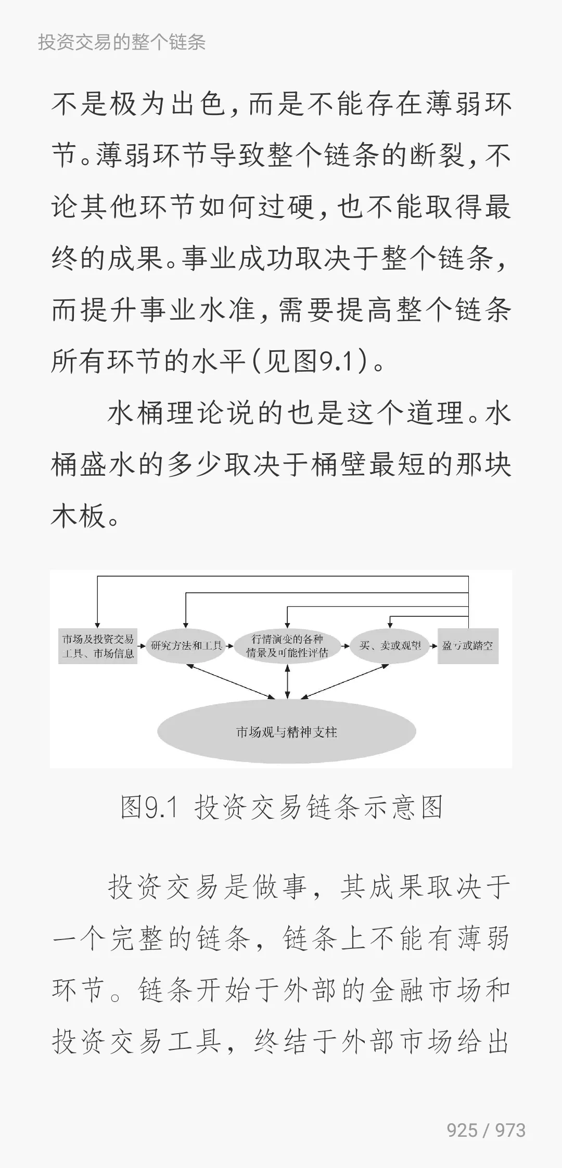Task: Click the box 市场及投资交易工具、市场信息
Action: coord(98,646)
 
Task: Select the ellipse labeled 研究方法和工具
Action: coord(186,646)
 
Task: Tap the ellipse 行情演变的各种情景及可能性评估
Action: coord(287,646)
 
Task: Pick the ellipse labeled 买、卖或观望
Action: coord(390,646)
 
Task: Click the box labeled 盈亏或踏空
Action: coord(468,646)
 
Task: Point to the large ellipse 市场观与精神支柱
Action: coord(287,732)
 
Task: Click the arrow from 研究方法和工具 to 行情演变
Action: coord(230,646)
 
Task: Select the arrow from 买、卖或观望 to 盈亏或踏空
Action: coord(434,646)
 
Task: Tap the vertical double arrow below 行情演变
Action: coord(287,681)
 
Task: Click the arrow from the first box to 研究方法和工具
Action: coord(142,646)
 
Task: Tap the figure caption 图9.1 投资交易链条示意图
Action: coord(282,808)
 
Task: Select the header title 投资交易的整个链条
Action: coord(122,42)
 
